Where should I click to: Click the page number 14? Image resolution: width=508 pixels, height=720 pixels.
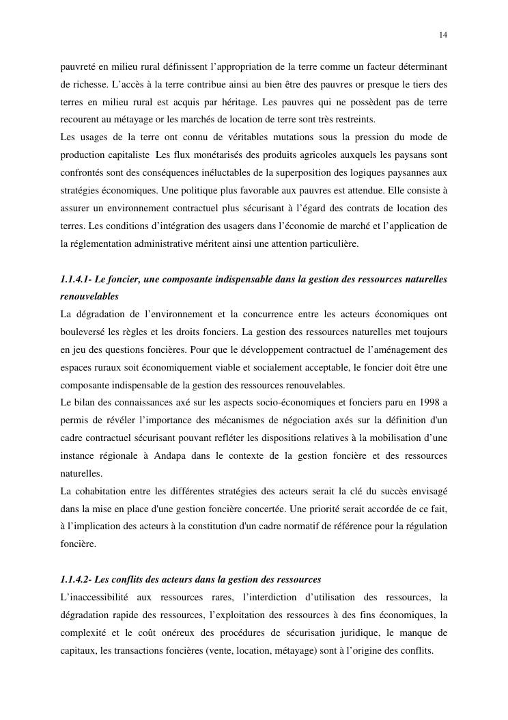pyautogui.click(x=443, y=35)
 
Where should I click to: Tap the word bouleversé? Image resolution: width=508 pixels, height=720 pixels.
pyautogui.click(x=84, y=332)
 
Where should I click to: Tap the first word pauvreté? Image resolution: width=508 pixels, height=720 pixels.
pyautogui.click(x=79, y=66)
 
